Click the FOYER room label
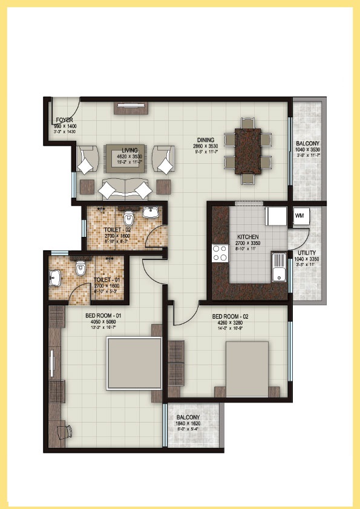[65, 120]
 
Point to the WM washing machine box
[299, 215]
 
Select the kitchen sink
[279, 266]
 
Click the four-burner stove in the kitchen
[219, 254]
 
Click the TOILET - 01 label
[106, 280]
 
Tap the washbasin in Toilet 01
[56, 278]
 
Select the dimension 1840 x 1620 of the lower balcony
[188, 424]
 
